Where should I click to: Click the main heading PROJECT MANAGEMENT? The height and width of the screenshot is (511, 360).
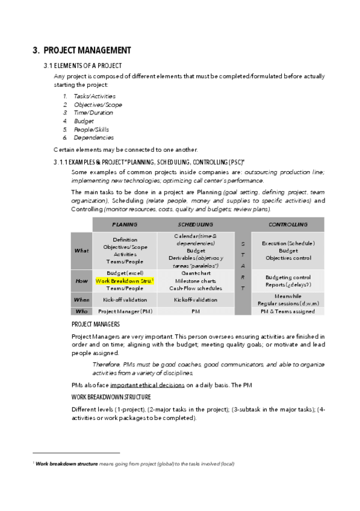click(81, 50)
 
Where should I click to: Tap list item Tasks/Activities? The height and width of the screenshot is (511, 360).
click(95, 96)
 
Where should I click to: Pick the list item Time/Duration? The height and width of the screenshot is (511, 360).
click(93, 113)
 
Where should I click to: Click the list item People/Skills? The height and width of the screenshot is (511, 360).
click(93, 130)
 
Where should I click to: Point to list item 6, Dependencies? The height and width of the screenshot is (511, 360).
click(93, 138)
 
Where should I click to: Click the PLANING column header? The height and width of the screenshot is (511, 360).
click(125, 224)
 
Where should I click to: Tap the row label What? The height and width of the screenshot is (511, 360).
click(81, 251)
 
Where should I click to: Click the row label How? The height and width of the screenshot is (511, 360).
click(81, 281)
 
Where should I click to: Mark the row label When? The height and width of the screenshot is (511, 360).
click(81, 299)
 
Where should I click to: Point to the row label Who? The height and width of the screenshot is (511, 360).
click(81, 312)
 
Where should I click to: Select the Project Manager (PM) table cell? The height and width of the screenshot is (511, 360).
click(125, 312)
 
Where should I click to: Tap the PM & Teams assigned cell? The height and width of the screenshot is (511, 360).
click(288, 312)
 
